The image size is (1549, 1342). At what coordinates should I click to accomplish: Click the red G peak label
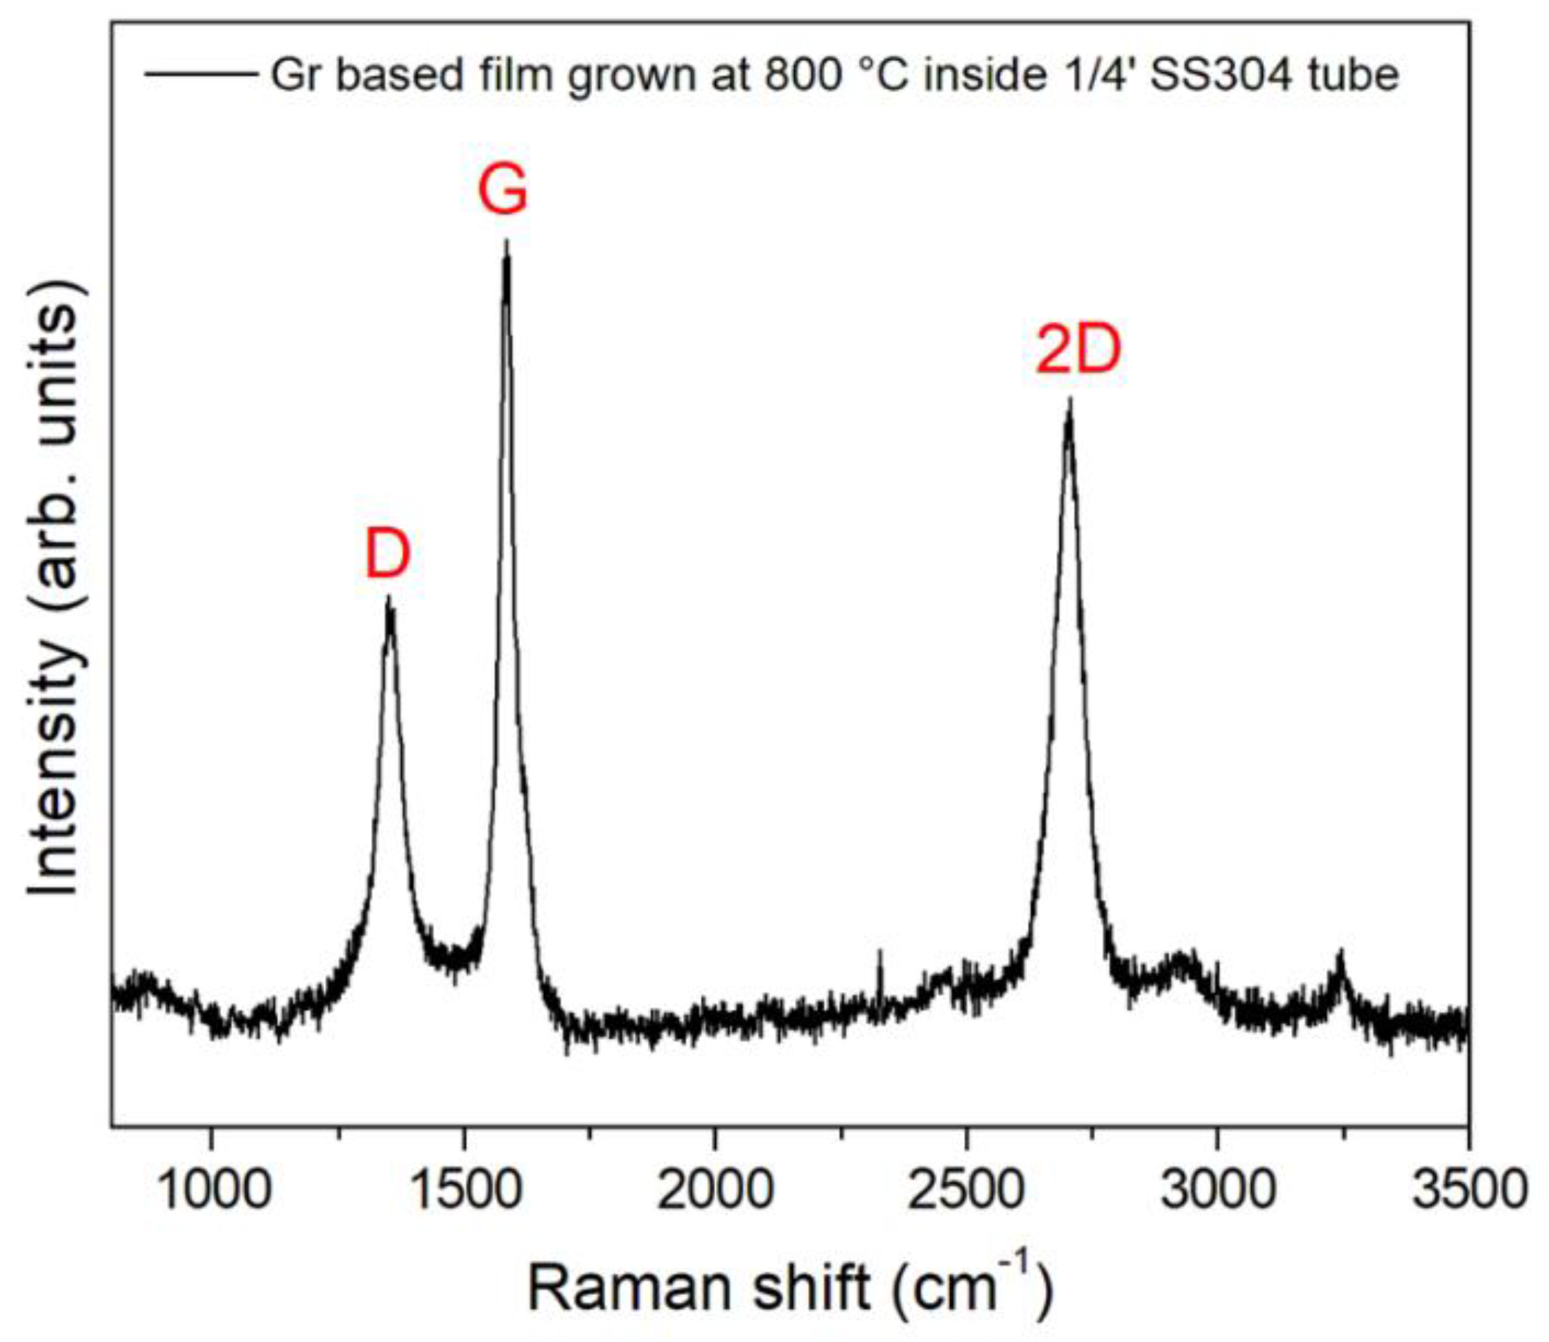[503, 192]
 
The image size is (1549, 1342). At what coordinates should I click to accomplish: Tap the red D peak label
[388, 556]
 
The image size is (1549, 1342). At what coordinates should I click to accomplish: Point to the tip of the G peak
[507, 242]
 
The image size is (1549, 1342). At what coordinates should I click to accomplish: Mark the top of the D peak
[389, 598]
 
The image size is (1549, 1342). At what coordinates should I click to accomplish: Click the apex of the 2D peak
[1070, 400]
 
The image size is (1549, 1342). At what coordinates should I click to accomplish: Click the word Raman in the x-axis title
[631, 1287]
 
